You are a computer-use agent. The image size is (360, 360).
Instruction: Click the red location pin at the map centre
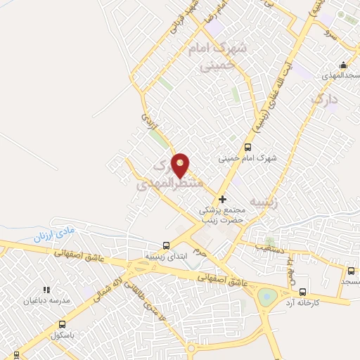pyautogui.click(x=181, y=165)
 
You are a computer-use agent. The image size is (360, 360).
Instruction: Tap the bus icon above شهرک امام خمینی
pyautogui.click(x=247, y=147)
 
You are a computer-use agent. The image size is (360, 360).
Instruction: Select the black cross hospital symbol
pyautogui.click(x=223, y=200)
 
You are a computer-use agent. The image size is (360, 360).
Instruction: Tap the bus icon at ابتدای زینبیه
pyautogui.click(x=166, y=245)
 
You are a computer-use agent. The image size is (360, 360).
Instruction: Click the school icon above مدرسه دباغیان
pyautogui.click(x=47, y=289)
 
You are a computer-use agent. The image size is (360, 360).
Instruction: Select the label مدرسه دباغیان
pyautogui.click(x=47, y=300)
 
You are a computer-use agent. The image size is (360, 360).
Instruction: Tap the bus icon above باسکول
pyautogui.click(x=62, y=324)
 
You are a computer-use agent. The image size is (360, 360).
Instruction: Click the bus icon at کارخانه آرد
pyautogui.click(x=303, y=291)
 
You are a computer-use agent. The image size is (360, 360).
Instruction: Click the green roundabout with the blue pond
pyautogui.click(x=267, y=297)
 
